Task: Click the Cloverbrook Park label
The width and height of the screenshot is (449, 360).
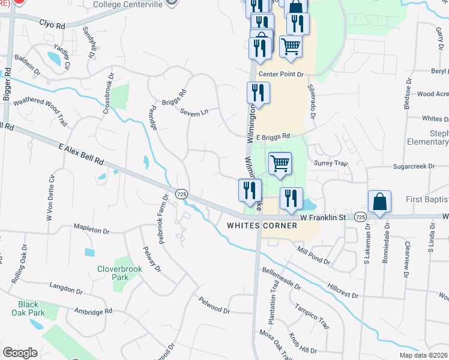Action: point(120,273)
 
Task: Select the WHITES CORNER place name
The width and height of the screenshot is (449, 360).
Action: point(262,226)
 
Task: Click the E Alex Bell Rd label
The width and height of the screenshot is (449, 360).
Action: point(82,154)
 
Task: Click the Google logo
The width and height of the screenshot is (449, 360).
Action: point(20,353)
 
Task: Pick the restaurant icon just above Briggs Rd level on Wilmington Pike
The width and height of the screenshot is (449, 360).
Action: point(258,92)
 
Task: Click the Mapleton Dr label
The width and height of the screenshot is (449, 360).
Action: point(92,230)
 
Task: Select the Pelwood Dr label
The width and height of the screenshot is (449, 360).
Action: point(214,304)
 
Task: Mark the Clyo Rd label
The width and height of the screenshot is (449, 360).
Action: point(52,25)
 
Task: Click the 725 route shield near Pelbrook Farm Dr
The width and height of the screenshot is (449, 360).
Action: point(182,194)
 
